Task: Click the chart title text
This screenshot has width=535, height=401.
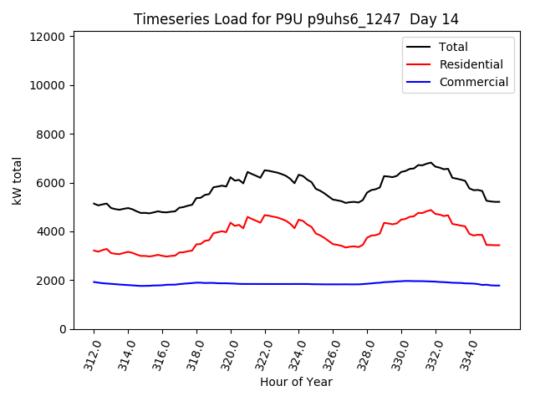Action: point(296,19)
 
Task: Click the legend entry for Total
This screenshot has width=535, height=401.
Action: point(453,47)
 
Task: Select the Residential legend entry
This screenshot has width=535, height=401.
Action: point(471,64)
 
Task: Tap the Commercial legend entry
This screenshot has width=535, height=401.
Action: point(473,82)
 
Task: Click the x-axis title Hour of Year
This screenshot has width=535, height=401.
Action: point(296,382)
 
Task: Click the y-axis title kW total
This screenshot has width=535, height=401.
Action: point(18,180)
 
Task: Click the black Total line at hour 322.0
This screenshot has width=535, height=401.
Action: point(265,170)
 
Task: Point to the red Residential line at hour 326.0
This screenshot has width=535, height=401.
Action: point(334,244)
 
